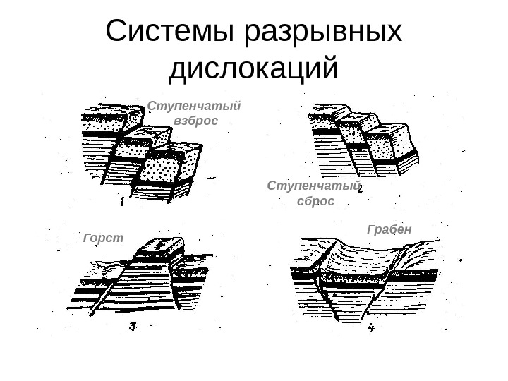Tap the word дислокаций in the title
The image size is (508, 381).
point(254,69)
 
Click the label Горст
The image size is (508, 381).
point(103,238)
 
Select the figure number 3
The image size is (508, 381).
point(133,327)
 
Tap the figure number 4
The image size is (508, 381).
point(370,327)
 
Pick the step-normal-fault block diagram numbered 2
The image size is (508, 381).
point(363,141)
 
